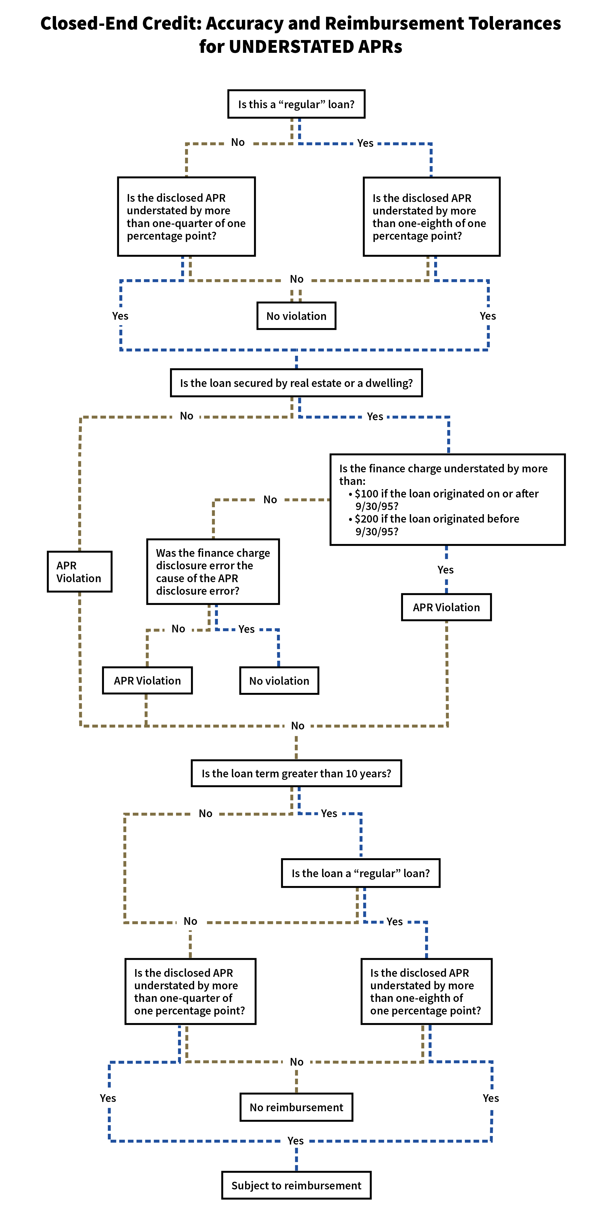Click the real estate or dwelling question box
click(296, 383)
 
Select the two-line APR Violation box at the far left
click(79, 572)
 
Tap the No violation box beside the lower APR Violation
click(279, 681)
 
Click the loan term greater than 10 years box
click(296, 774)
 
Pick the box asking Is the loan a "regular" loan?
click(361, 873)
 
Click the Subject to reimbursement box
click(296, 1185)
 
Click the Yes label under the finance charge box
click(446, 570)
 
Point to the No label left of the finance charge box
click(270, 500)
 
